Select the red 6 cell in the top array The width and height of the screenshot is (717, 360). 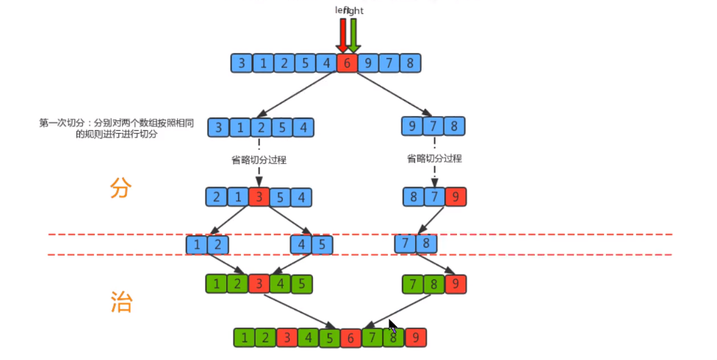(x=347, y=62)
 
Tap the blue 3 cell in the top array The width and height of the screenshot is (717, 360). (x=240, y=62)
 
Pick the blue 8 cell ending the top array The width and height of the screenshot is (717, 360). (x=410, y=62)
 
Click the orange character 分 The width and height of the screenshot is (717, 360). (x=120, y=188)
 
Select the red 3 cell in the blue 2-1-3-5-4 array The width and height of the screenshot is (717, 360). (x=259, y=197)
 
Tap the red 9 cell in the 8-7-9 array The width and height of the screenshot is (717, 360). (x=455, y=197)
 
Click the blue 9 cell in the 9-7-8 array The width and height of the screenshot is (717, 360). (x=413, y=126)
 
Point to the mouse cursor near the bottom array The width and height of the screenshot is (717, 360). (x=393, y=327)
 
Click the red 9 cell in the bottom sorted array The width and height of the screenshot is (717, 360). (x=416, y=337)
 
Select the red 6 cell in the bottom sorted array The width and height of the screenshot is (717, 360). (x=351, y=337)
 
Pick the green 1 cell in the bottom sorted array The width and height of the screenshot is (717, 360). (x=244, y=337)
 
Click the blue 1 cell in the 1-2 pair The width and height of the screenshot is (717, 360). (x=196, y=243)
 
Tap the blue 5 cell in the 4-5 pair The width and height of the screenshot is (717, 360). (x=323, y=243)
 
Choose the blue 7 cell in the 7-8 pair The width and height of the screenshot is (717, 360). (x=405, y=243)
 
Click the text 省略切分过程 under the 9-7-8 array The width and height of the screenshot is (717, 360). (x=434, y=158)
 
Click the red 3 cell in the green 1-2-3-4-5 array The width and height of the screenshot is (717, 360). (x=259, y=284)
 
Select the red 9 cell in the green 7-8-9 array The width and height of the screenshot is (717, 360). (x=456, y=284)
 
